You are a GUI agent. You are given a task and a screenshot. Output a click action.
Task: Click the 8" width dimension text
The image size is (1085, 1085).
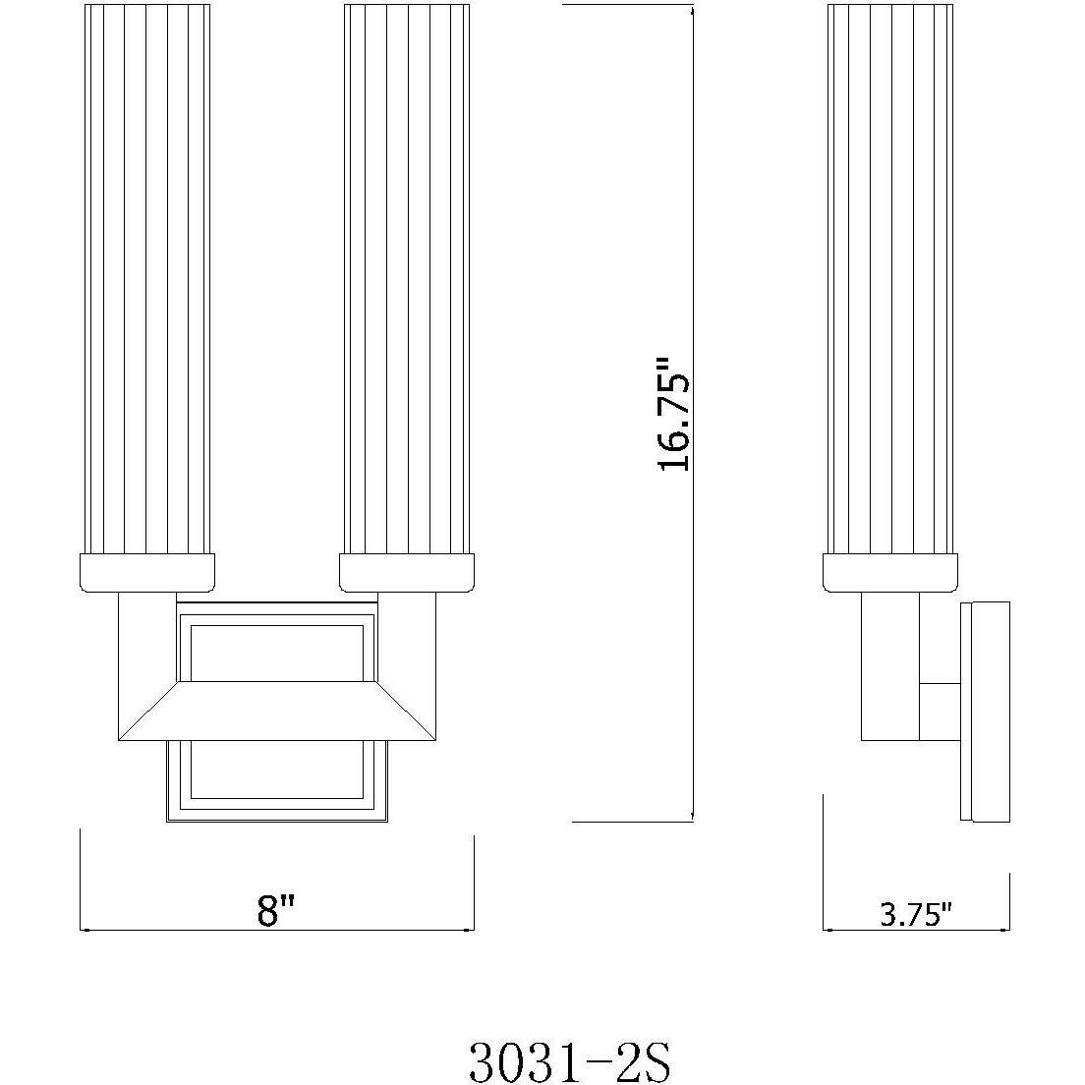(276, 911)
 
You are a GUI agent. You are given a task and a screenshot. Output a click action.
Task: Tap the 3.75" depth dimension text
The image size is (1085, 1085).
(916, 915)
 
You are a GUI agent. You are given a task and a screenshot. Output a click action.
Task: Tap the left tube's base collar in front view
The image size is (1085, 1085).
(146, 572)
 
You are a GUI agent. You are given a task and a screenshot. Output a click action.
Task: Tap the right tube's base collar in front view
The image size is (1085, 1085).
(407, 572)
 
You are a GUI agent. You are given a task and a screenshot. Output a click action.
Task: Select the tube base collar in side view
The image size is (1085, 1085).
(889, 572)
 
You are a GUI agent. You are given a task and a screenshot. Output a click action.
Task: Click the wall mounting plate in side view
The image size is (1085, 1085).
(985, 710)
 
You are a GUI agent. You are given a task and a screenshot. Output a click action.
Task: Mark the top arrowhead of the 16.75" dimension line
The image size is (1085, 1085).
(695, 10)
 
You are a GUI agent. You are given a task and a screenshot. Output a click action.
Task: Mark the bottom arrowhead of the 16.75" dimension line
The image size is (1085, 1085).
(695, 815)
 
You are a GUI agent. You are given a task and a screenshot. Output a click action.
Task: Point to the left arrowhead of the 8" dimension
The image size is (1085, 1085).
(85, 929)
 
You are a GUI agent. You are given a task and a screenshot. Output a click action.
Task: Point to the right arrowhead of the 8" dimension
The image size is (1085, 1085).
(469, 929)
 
